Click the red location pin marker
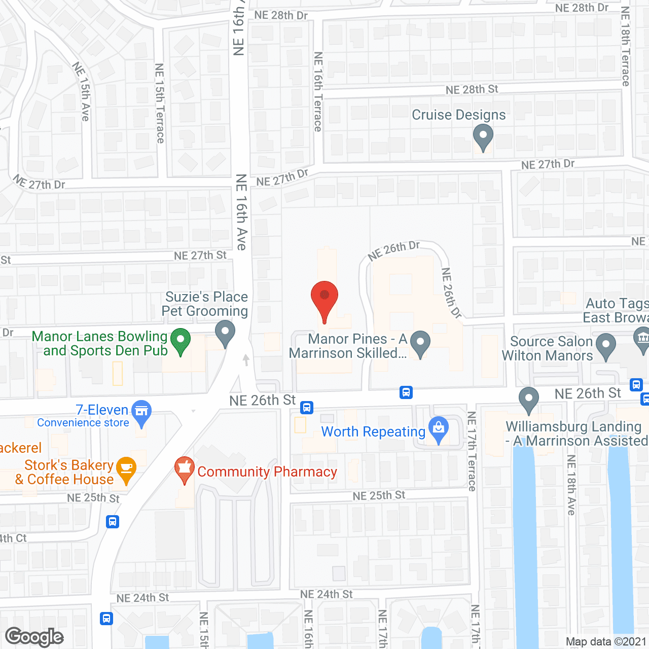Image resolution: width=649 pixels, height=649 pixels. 324,298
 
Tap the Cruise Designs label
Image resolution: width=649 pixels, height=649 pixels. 458,115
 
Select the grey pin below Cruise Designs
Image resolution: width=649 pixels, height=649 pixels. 483,137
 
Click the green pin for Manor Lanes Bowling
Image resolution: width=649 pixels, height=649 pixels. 180,341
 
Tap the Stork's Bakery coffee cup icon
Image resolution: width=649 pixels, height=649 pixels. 126,468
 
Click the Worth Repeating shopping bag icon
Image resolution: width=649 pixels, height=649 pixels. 439,429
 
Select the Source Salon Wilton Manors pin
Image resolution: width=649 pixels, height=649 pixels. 605,345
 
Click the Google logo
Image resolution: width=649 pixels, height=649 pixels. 34,637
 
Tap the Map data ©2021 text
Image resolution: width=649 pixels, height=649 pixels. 606,642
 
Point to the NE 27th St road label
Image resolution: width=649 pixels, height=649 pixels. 200,256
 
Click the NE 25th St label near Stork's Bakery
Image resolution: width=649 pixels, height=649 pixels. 93,498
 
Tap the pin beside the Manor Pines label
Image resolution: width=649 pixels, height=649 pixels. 420,343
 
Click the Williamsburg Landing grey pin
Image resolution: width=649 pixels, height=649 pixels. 529,399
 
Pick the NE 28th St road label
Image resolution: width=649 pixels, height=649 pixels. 472,90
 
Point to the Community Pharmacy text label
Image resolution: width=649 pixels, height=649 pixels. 267,472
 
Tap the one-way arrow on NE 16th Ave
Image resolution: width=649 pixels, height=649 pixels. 246,359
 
